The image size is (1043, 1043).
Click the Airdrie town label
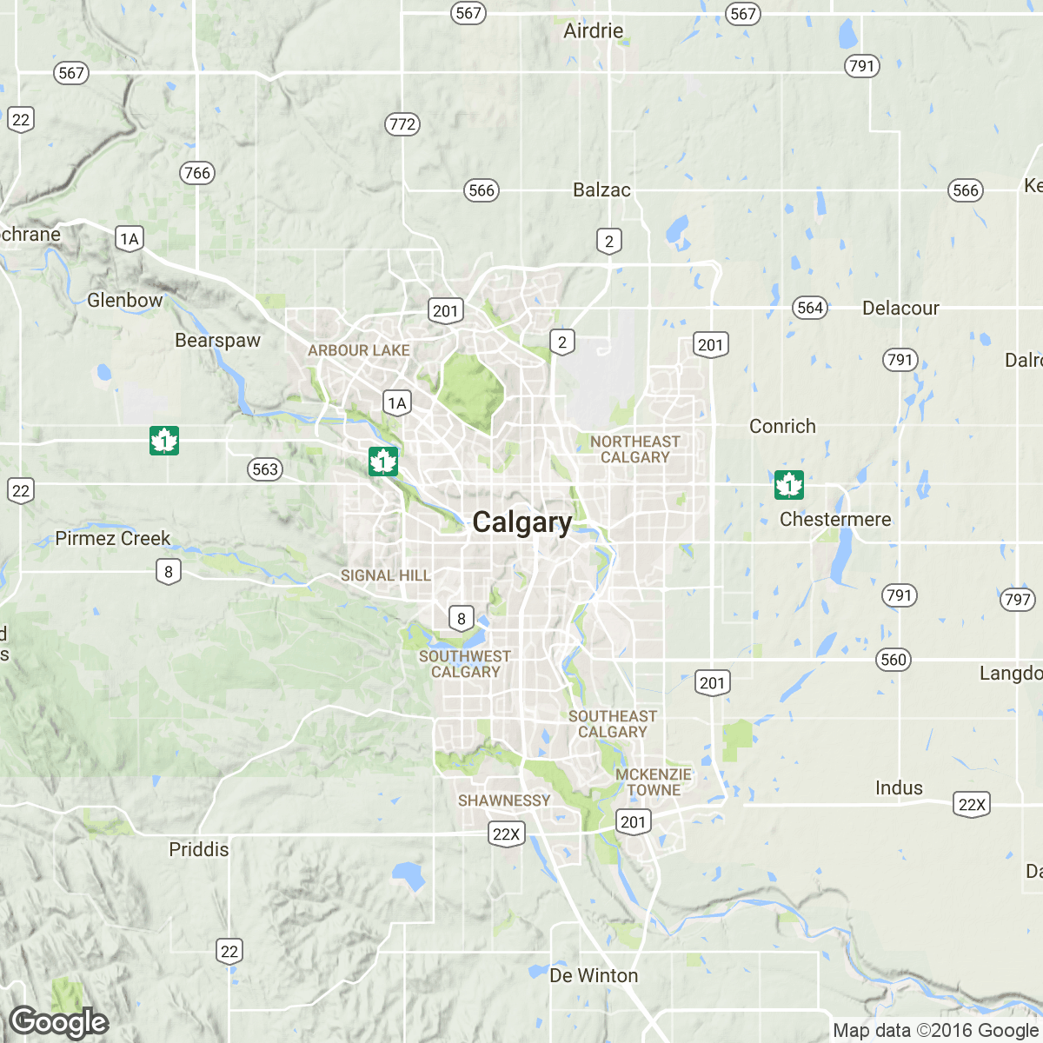593,31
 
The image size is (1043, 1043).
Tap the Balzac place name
601,190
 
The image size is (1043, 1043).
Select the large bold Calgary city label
522,522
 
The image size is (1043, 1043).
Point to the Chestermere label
835,520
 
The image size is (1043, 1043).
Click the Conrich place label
782,427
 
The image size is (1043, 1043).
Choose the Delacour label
900,309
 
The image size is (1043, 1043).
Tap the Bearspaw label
217,341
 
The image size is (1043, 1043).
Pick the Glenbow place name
125,301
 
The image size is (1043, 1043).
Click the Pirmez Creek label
113,539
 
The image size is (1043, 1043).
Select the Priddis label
199,850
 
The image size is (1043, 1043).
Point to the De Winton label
594,976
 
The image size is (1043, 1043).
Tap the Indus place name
899,788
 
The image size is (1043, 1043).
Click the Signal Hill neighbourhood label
386,575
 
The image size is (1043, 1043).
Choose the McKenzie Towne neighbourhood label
654,782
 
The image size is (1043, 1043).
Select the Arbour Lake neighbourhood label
359,350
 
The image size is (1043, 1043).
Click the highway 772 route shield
402,124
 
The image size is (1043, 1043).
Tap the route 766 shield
197,173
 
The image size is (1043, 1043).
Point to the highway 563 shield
265,470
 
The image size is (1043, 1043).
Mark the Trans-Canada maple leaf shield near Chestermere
789,485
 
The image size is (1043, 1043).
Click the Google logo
59,1023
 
